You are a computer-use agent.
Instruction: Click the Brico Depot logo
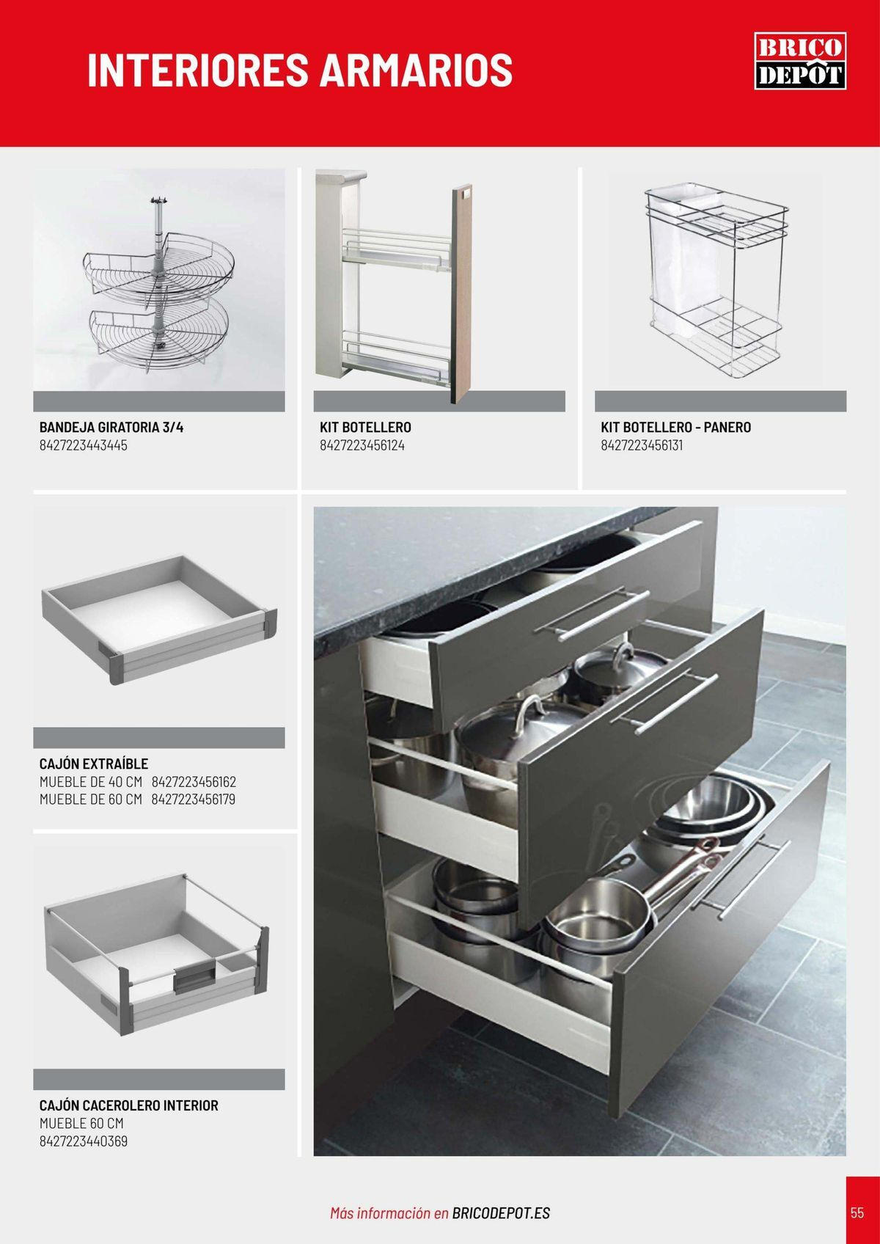(x=800, y=61)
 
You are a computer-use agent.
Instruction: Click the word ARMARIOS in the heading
(x=417, y=70)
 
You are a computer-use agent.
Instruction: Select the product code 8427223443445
(x=84, y=445)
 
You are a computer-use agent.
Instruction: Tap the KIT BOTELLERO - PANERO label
(x=675, y=427)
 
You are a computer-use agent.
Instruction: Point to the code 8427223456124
(x=362, y=445)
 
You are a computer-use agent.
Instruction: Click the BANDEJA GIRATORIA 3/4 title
(x=111, y=427)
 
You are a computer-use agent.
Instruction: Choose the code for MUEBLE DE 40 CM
(x=194, y=782)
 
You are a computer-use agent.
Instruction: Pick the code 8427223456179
(x=193, y=800)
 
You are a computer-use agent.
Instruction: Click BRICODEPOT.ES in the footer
(x=501, y=1213)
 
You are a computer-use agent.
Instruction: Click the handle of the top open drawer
(x=591, y=615)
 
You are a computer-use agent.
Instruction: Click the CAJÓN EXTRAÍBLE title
(x=94, y=764)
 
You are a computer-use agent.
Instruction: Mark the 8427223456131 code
(x=642, y=445)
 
